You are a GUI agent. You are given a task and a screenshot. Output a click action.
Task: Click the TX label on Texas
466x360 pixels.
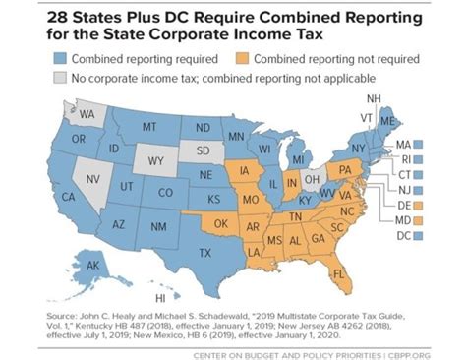coord(205,253)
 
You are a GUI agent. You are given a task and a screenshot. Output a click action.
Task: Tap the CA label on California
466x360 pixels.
coord(68,197)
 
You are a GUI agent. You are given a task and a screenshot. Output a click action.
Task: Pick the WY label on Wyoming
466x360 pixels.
coord(155,158)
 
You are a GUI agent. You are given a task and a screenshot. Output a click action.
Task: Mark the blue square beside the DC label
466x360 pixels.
coord(418,236)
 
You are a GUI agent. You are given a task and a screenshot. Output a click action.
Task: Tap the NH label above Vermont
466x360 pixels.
coord(374,99)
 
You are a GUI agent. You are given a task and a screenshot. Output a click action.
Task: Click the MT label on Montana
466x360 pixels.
coord(149,127)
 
